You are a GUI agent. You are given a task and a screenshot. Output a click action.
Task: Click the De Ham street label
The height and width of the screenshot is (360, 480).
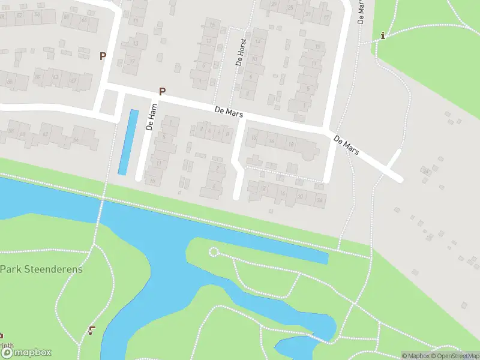[x=152, y=117]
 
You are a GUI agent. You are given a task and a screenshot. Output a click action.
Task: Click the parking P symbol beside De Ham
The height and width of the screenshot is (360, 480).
[x=161, y=91]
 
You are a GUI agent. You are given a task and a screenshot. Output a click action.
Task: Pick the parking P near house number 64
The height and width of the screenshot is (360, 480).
[x=103, y=55]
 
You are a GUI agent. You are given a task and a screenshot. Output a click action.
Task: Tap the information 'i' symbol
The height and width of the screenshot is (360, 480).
[x=383, y=36]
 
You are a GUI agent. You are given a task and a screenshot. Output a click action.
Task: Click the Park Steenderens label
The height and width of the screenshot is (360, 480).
[x=41, y=269]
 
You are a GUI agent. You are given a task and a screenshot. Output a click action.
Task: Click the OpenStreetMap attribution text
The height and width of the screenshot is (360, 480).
[x=454, y=356]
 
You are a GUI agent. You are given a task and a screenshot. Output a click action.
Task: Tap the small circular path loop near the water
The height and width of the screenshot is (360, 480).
[x=214, y=252]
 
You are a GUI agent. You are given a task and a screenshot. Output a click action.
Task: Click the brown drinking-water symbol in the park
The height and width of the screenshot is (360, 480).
[x=92, y=329]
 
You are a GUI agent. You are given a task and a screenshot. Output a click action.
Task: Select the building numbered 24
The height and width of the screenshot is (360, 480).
[x=320, y=199]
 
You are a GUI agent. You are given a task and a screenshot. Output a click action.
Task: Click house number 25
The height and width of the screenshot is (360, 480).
[x=290, y=7]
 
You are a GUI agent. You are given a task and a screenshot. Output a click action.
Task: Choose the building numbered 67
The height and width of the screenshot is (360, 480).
[x=73, y=79]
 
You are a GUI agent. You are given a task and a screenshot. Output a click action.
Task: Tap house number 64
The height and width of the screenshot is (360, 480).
[x=83, y=20]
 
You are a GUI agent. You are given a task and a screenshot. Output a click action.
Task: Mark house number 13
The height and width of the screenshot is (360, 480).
[x=136, y=43]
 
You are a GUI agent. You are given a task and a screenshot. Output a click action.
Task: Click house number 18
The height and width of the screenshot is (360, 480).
[x=291, y=144]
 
